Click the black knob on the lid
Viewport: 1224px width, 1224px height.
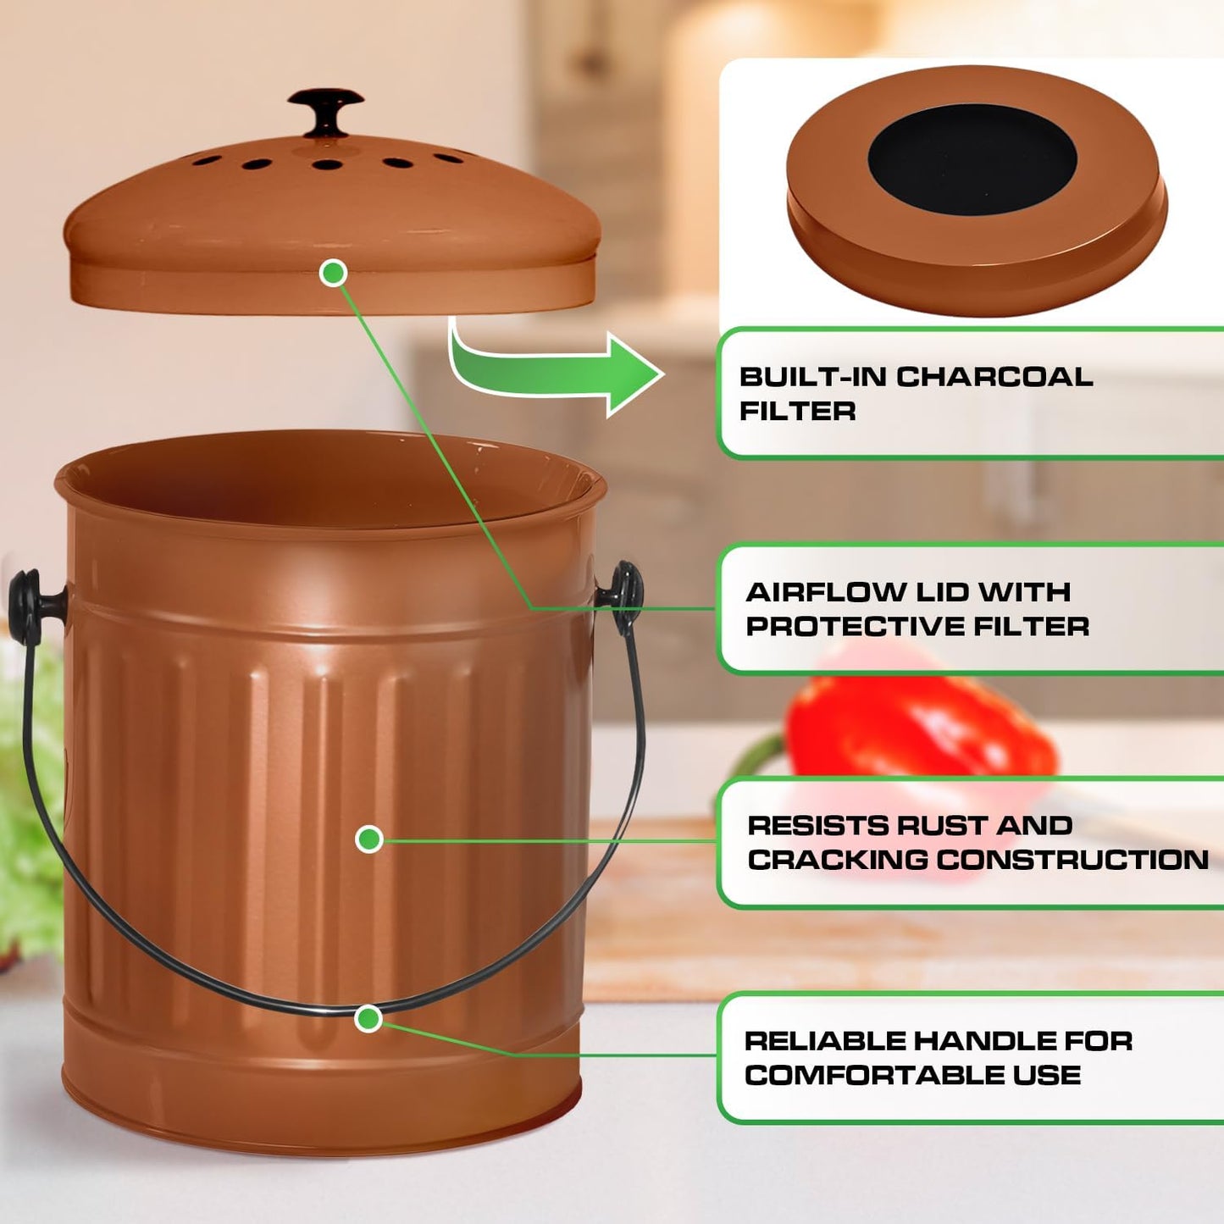click(x=325, y=108)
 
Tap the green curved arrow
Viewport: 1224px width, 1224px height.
click(x=559, y=369)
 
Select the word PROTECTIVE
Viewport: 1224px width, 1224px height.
click(x=855, y=627)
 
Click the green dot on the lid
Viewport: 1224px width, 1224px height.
click(x=334, y=273)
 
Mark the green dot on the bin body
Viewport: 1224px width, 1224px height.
click(x=368, y=839)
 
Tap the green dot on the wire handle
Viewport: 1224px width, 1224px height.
click(x=368, y=1018)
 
